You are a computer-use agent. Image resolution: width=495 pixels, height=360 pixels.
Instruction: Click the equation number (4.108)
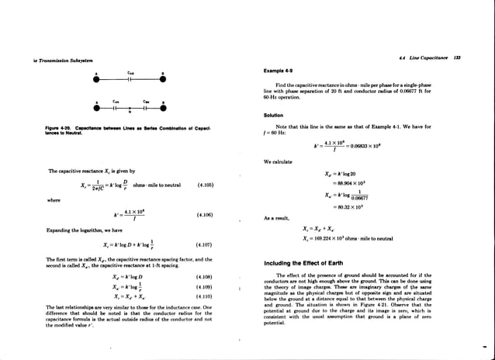[205, 275]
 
